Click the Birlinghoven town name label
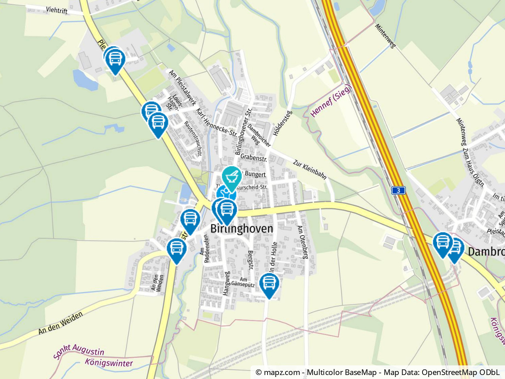tap(241, 229)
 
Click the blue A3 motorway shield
tap(398, 191)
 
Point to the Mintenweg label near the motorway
tap(385, 36)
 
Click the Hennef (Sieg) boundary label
tap(331, 101)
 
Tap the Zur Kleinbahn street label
tap(310, 169)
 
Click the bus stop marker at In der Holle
tap(269, 284)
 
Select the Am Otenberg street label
tap(303, 242)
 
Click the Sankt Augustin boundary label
tap(78, 352)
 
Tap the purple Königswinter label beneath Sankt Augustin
tap(109, 363)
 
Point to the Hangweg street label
tap(226, 283)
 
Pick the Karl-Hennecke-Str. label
tap(217, 121)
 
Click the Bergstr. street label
tap(250, 260)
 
